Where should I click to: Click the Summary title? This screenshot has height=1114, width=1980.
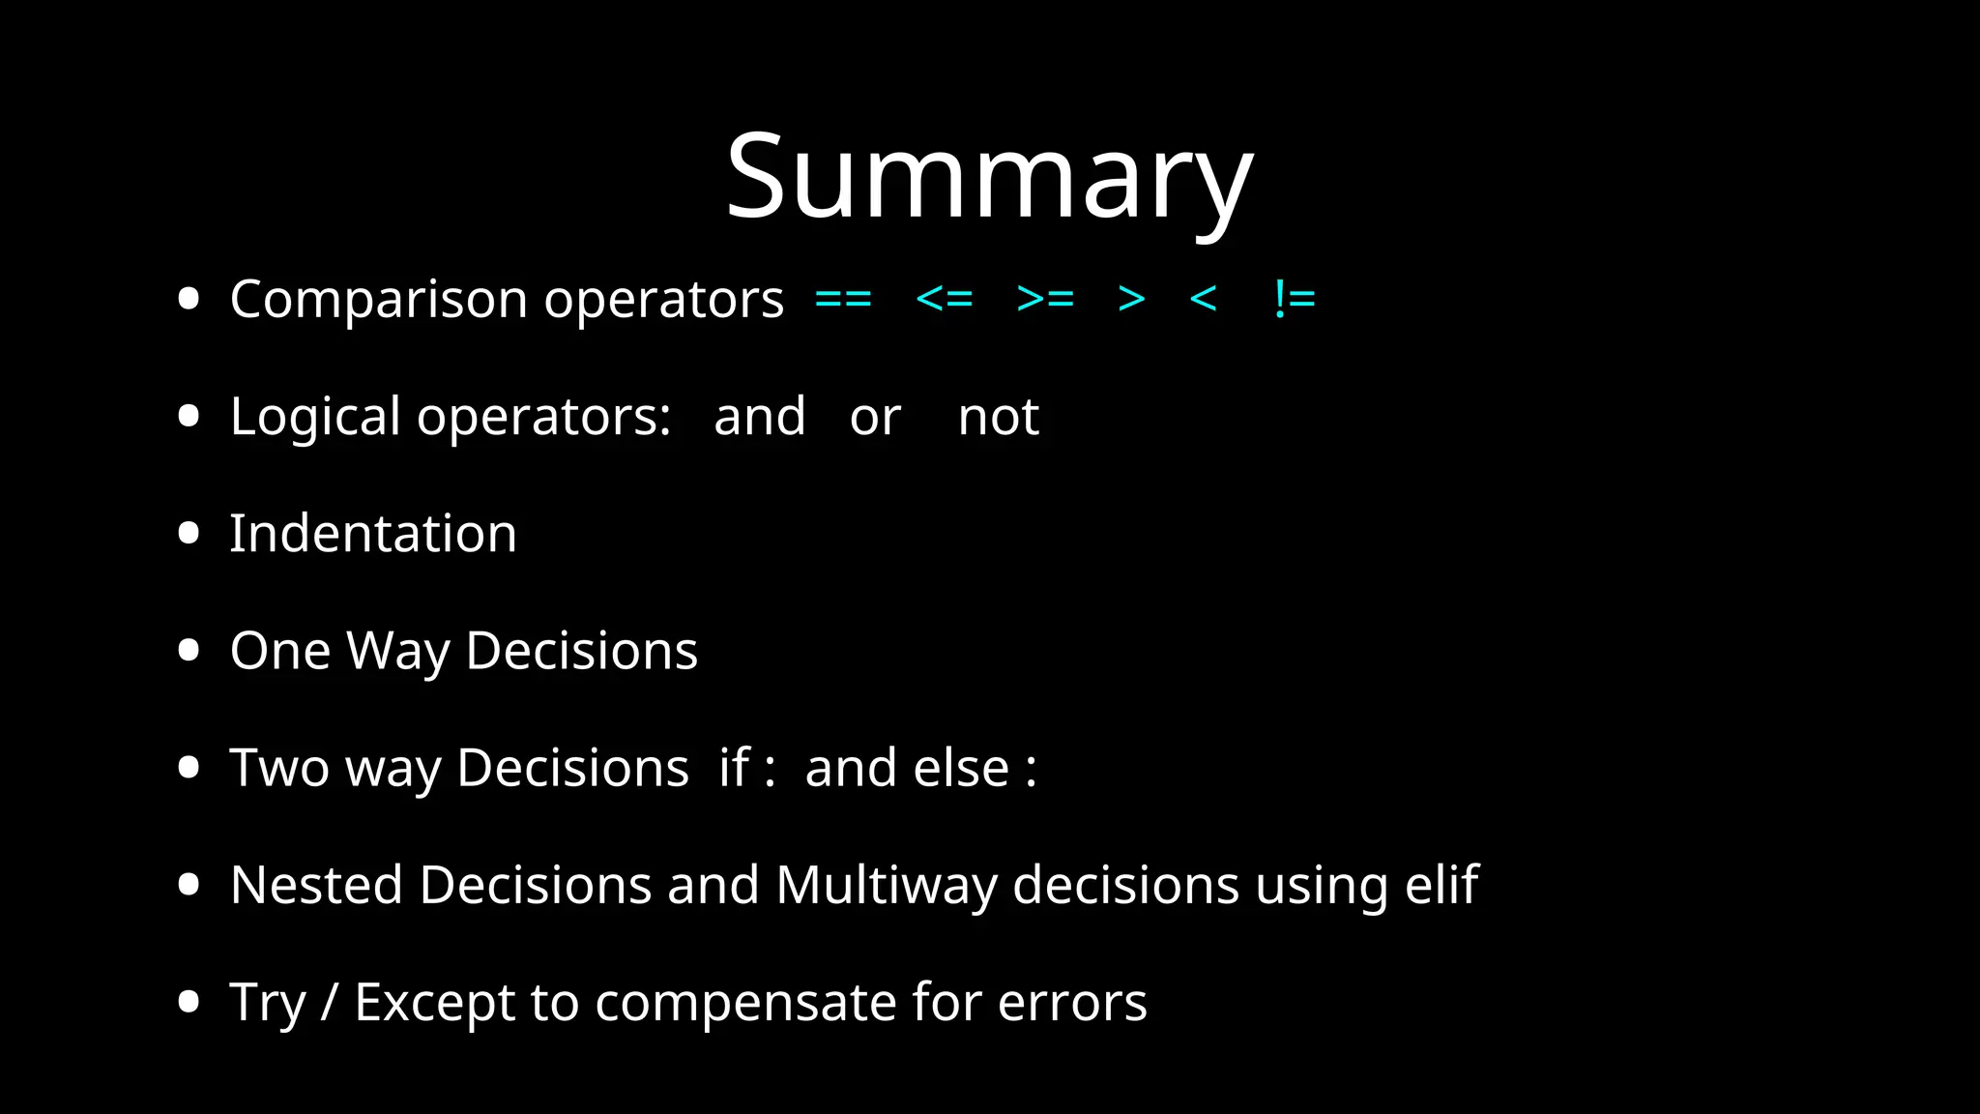pyautogui.click(x=989, y=179)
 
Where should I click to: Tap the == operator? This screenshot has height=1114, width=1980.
pyautogui.click(x=843, y=299)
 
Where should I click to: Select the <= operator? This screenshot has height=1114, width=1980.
pyautogui.click(x=944, y=299)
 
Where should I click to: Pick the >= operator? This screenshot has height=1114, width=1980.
pyautogui.click(x=1045, y=299)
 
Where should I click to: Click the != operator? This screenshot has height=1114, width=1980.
pyautogui.click(x=1295, y=299)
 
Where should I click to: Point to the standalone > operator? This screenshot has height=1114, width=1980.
pyautogui.click(x=1131, y=299)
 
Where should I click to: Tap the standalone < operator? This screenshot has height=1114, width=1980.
pyautogui.click(x=1203, y=299)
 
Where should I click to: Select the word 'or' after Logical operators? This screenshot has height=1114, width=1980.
pyautogui.click(x=875, y=418)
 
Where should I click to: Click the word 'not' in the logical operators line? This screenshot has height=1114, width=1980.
pyautogui.click(x=999, y=418)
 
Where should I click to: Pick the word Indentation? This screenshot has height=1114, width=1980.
pyautogui.click(x=373, y=534)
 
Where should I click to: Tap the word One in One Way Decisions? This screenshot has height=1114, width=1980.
pyautogui.click(x=280, y=651)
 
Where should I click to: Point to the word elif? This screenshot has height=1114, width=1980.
pyautogui.click(x=1441, y=885)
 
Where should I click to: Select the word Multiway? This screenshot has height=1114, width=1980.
pyautogui.click(x=886, y=886)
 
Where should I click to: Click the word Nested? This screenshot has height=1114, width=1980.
pyautogui.click(x=316, y=886)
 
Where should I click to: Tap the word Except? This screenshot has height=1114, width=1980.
pyautogui.click(x=434, y=1003)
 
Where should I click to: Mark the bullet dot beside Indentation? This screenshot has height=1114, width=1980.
pyautogui.click(x=189, y=534)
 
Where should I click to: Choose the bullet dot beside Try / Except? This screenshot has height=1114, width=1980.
pyautogui.click(x=189, y=1002)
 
